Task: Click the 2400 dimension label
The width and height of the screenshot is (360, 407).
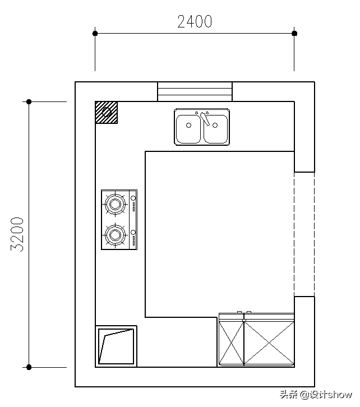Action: [x=195, y=21]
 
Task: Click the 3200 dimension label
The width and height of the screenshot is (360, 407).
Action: [x=17, y=234]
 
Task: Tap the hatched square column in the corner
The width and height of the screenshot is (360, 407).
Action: [x=107, y=112]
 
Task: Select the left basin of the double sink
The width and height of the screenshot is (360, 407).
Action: [x=188, y=129]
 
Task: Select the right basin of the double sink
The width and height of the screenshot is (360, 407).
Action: [x=216, y=129]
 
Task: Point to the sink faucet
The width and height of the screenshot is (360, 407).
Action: [x=205, y=119]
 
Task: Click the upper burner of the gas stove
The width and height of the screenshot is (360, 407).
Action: [x=115, y=204]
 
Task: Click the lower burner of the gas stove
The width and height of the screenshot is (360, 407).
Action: [x=115, y=235]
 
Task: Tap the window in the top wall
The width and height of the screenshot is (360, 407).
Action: [x=195, y=91]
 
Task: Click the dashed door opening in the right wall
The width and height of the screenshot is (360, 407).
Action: [x=304, y=234]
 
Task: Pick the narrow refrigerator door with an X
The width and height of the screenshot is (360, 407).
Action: [x=231, y=343]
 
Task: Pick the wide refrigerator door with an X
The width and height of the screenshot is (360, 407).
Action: [x=269, y=343]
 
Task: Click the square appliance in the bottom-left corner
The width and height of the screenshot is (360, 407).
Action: [x=116, y=346]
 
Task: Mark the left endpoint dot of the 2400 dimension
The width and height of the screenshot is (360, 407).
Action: [x=95, y=33]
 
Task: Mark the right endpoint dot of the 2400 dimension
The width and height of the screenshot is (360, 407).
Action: [x=294, y=33]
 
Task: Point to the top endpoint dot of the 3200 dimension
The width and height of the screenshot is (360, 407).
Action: [x=29, y=102]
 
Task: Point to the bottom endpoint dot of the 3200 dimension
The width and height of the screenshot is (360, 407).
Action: [x=29, y=367]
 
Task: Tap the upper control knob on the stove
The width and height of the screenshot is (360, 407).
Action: [x=133, y=198]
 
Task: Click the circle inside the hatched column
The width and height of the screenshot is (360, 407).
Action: [x=107, y=112]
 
